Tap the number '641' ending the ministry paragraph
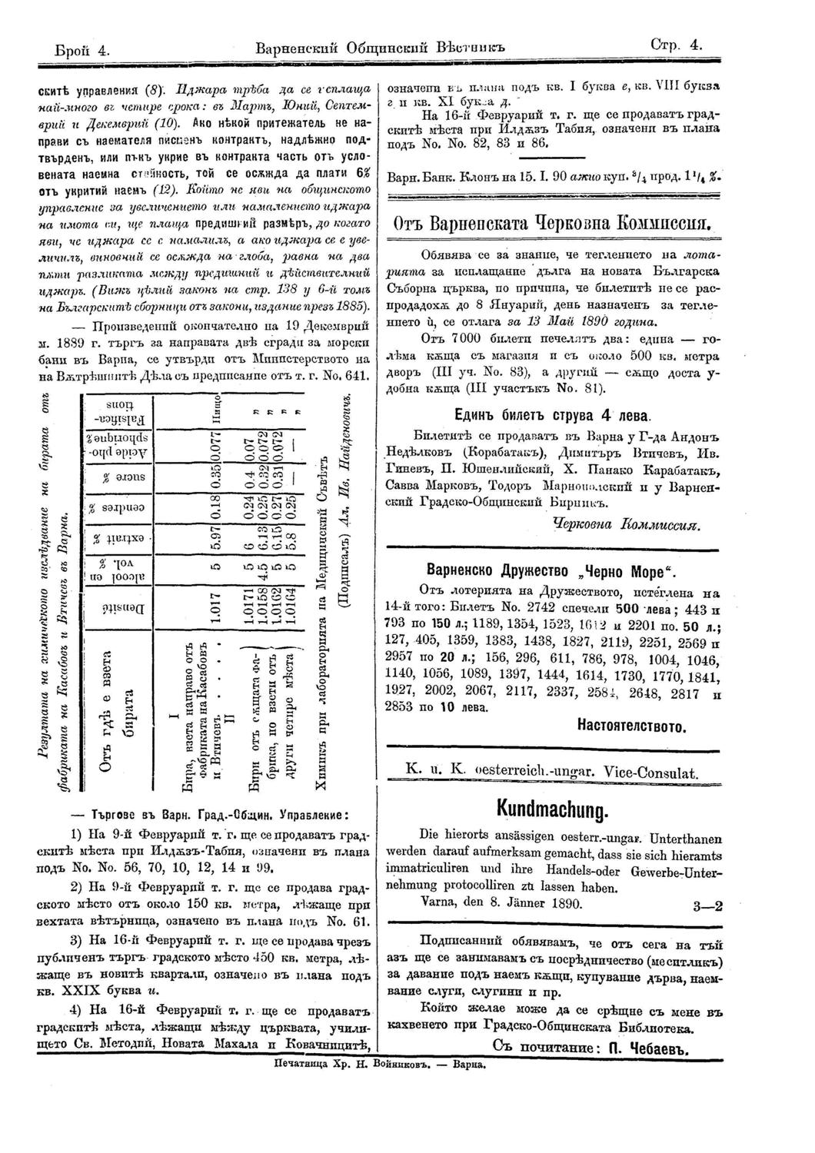358,377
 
